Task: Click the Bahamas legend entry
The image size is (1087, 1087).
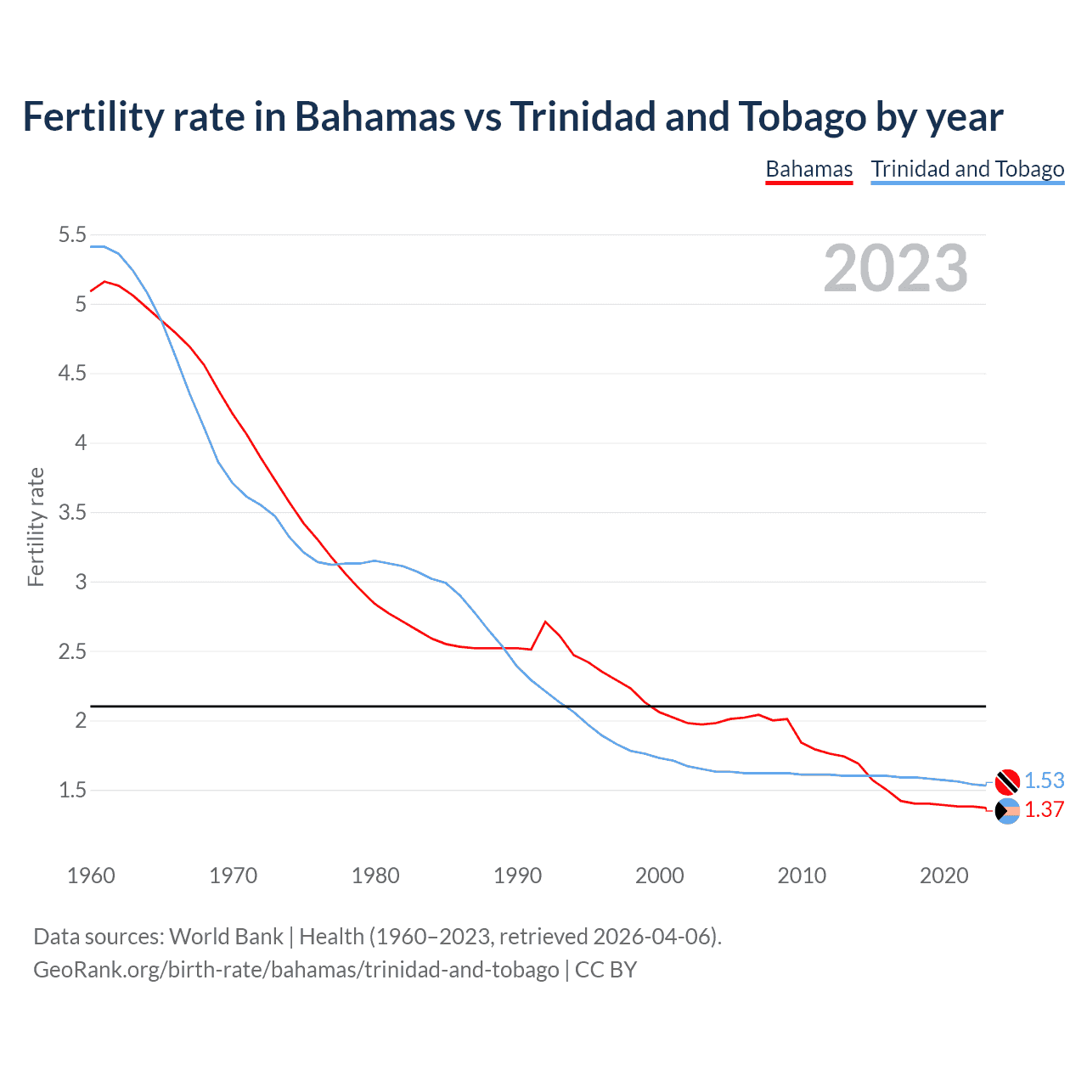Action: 808,169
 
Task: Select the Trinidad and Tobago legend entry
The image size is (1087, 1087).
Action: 967,169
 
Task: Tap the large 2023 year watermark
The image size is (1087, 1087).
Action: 895,268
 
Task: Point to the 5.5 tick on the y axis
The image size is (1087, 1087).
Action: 72,235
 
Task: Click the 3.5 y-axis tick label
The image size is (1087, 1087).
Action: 72,513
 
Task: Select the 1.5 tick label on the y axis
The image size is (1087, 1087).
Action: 72,791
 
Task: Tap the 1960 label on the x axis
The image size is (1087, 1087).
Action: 91,876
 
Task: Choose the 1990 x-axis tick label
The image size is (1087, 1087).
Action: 517,876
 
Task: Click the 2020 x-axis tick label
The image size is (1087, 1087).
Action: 943,876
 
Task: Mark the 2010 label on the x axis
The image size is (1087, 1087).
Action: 802,876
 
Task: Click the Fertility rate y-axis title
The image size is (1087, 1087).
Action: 36,527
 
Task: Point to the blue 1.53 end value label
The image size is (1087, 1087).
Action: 1044,780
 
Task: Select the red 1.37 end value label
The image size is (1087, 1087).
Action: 1044,809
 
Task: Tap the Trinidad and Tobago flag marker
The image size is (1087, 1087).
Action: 1007,780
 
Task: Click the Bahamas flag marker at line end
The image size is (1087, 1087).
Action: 1007,811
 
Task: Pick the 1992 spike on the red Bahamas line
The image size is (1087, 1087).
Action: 545,622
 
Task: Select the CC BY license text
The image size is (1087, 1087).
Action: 605,970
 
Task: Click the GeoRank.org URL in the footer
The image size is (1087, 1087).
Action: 296,970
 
